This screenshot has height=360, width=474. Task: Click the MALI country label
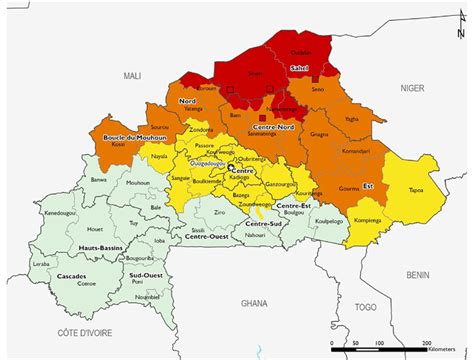click(133, 75)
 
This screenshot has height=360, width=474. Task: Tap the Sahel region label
click(299, 68)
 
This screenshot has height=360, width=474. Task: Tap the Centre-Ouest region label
click(203, 238)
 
